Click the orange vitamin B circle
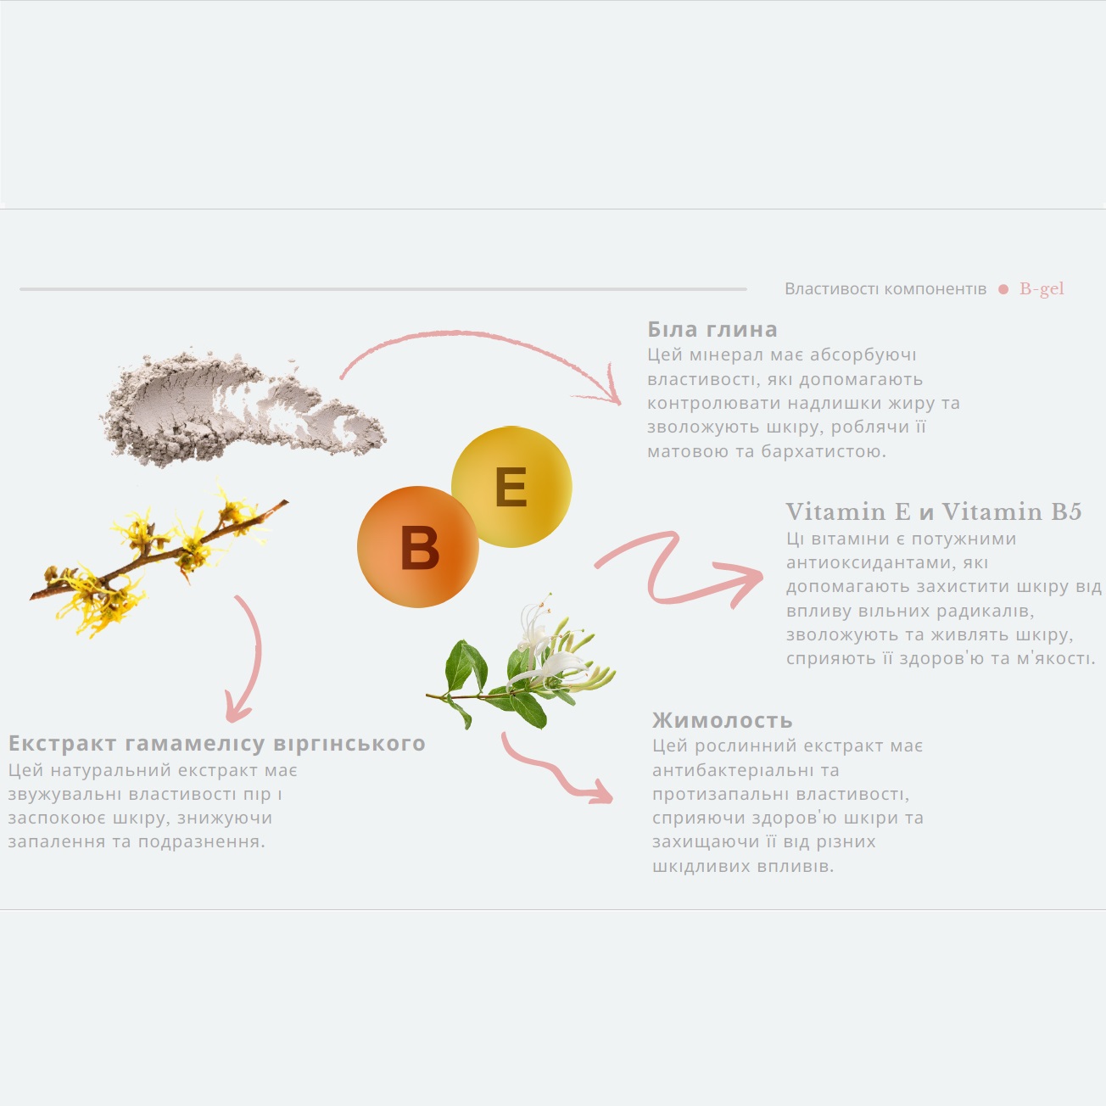pos(418,546)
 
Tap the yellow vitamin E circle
pos(511,487)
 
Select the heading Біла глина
pos(712,329)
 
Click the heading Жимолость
pos(722,720)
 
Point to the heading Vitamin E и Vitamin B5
pos(934,511)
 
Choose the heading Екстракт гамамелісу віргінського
pos(217,744)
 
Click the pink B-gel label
pos(1042,288)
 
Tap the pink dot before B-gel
pos(1003,289)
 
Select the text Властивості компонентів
pos(885,288)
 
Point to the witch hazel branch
pos(158,562)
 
